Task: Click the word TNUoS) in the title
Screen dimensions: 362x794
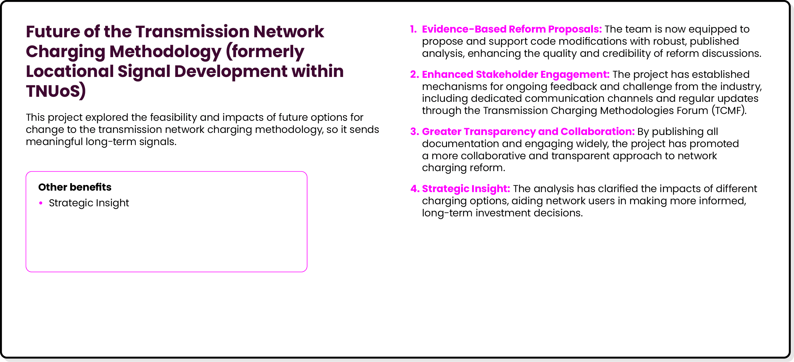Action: point(55,91)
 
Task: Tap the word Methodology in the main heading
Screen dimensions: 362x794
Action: point(165,52)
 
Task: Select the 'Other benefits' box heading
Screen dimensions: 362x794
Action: point(75,187)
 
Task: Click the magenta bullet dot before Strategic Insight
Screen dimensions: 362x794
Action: point(41,203)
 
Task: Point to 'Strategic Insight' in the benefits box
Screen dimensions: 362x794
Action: point(89,203)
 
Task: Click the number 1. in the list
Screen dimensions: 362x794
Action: point(413,29)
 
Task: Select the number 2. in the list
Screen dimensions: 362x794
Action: point(414,74)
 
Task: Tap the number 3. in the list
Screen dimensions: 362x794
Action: point(414,131)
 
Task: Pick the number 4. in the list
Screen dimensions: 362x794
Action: point(415,189)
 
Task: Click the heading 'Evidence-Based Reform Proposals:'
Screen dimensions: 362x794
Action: point(512,29)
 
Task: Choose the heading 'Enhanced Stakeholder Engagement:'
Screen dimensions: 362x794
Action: point(515,74)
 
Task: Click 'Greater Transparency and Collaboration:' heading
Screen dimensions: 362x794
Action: point(528,131)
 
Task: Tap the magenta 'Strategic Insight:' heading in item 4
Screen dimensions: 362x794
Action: point(466,189)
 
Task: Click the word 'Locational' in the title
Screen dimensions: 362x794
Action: point(70,71)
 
